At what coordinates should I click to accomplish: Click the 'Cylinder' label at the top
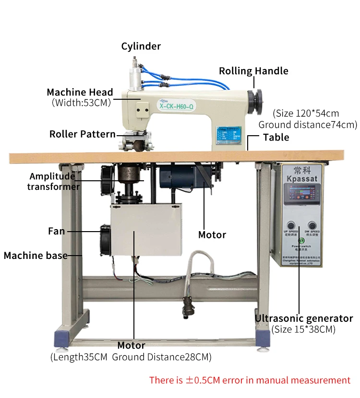click(x=141, y=47)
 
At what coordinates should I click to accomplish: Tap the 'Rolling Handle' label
click(x=253, y=71)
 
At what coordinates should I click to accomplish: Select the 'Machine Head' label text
click(x=80, y=92)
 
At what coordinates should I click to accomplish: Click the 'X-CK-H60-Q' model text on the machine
click(x=176, y=106)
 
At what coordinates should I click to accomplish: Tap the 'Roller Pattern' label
click(x=82, y=134)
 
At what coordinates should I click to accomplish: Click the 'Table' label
click(x=276, y=138)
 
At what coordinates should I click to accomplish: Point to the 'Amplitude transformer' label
click(x=53, y=181)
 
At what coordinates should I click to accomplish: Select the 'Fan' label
click(x=56, y=231)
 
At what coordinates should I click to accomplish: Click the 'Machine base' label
click(x=36, y=256)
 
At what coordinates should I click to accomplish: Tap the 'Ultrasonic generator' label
click(x=303, y=318)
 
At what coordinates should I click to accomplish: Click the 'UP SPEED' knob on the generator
click(x=291, y=224)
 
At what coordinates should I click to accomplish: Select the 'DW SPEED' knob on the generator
click(x=312, y=224)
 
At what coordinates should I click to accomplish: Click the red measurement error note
click(x=250, y=380)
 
